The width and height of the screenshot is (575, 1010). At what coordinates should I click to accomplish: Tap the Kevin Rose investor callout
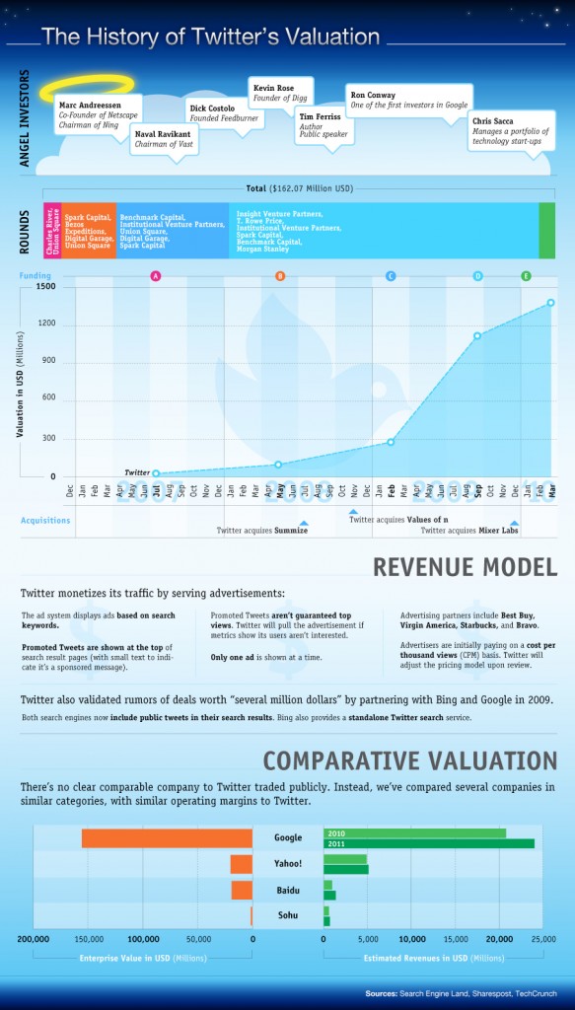coord(279,92)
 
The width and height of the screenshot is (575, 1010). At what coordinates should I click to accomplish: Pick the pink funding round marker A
coord(155,275)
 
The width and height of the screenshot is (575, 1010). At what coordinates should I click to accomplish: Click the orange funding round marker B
coord(280,275)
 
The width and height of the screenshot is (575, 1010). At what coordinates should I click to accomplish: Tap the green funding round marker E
coord(526,275)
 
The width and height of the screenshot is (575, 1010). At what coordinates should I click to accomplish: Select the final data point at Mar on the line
coord(550,303)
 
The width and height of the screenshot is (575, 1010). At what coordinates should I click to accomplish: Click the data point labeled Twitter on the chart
coord(156,474)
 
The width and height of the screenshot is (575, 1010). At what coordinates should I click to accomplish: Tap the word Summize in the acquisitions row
coord(291,531)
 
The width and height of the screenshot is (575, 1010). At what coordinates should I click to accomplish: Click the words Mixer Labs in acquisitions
coord(498,531)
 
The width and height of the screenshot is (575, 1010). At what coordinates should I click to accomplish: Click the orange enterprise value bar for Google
coord(167,838)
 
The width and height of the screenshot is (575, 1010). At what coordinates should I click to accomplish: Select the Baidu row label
coord(287,891)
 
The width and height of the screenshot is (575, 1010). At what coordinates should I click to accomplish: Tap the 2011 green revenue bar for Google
coord(428,844)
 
